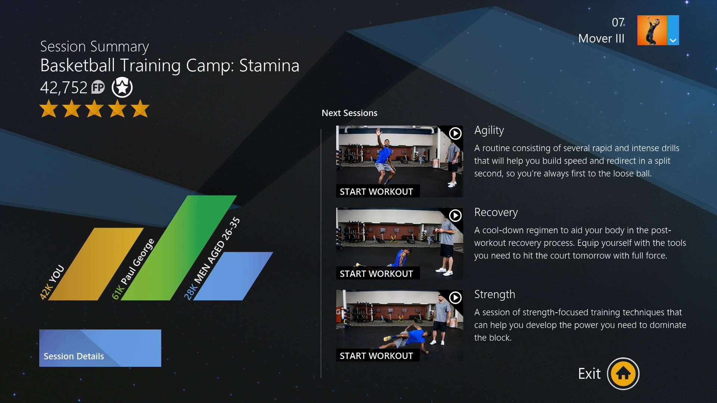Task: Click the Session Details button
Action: point(100,348)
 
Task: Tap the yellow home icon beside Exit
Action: point(623,374)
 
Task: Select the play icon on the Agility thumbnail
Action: point(455,133)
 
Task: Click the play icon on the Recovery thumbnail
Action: point(455,215)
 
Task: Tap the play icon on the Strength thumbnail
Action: point(455,297)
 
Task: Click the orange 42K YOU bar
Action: point(96,264)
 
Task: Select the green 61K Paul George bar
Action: point(179,248)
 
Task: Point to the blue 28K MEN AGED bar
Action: point(233,276)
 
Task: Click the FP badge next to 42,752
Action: point(98,88)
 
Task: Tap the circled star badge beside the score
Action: point(122,87)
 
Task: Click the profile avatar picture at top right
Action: point(652,30)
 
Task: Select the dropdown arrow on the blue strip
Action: point(673,40)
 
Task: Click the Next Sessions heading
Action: point(350,113)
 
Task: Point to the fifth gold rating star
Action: point(140,108)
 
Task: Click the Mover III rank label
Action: point(601,38)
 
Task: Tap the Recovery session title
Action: point(496,212)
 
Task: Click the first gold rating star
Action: point(49,108)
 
